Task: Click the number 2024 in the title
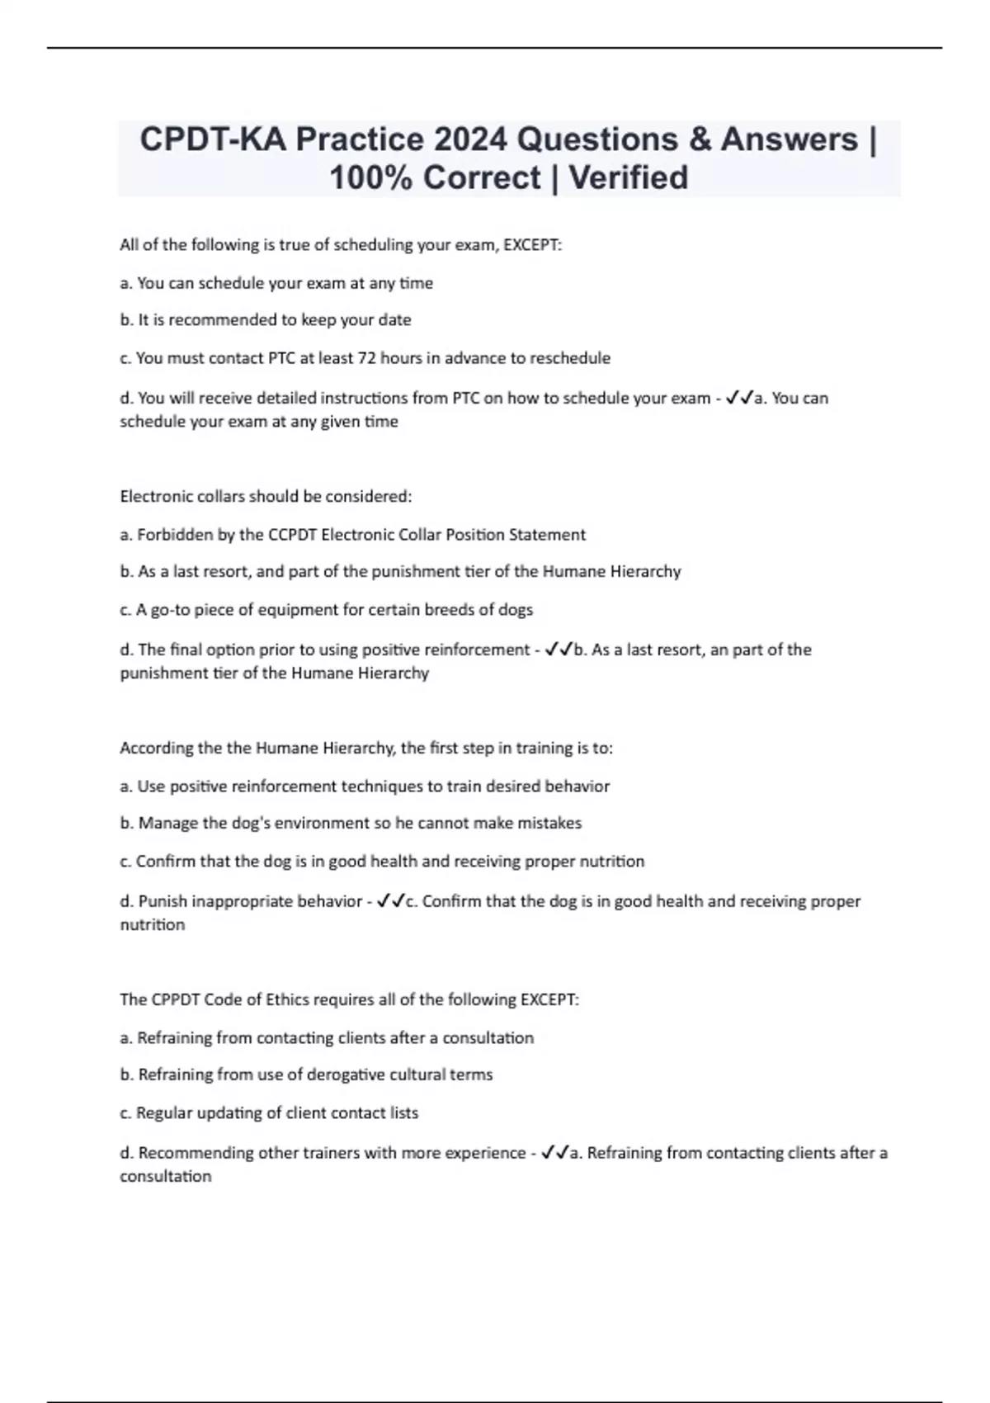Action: (470, 139)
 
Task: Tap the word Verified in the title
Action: (628, 177)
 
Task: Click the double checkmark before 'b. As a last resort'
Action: (559, 650)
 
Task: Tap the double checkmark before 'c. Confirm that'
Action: (390, 901)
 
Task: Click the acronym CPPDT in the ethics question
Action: (176, 1000)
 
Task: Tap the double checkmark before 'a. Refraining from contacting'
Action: (554, 1153)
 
